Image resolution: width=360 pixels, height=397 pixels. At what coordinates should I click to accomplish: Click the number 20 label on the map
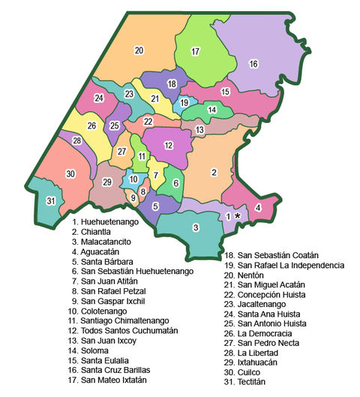pyautogui.click(x=139, y=50)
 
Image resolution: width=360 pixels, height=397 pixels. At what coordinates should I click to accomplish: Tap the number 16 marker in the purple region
pyautogui.click(x=253, y=64)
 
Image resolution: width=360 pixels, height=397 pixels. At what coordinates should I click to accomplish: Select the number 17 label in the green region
pyautogui.click(x=196, y=52)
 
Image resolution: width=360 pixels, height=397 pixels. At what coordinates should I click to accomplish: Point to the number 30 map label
pyautogui.click(x=70, y=174)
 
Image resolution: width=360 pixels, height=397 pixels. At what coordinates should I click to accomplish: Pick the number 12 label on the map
pyautogui.click(x=169, y=145)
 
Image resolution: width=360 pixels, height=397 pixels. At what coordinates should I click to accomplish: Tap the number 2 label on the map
pyautogui.click(x=214, y=173)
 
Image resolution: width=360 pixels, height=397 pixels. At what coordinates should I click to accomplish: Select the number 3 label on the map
pyautogui.click(x=196, y=227)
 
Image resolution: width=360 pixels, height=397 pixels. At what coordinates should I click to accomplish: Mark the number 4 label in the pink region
pyautogui.click(x=258, y=208)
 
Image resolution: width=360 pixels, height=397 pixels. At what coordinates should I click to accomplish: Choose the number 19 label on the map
pyautogui.click(x=184, y=103)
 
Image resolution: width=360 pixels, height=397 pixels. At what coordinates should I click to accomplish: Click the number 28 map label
pyautogui.click(x=76, y=140)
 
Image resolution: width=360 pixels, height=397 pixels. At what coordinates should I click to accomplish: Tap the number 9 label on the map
pyautogui.click(x=133, y=197)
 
